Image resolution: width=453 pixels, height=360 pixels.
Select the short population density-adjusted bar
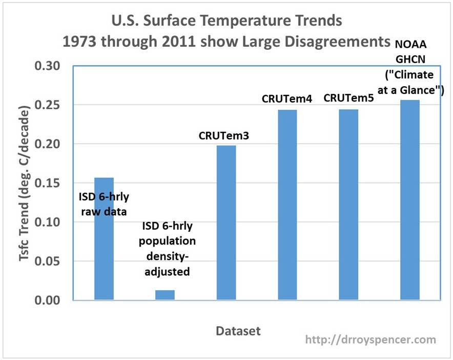click(x=165, y=295)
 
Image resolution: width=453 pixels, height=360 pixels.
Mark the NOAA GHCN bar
click(x=410, y=199)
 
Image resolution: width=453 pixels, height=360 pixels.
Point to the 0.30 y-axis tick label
click(x=47, y=66)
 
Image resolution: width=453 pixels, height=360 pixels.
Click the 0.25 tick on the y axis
click(x=47, y=105)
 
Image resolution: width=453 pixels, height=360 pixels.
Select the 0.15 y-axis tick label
click(x=47, y=183)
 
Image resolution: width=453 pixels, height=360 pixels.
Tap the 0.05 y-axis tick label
click(x=47, y=261)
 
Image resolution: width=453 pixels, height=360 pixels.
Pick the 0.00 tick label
click(x=47, y=301)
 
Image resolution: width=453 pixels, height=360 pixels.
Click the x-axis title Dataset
click(x=238, y=331)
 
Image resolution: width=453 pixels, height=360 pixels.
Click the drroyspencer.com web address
click(x=370, y=339)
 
